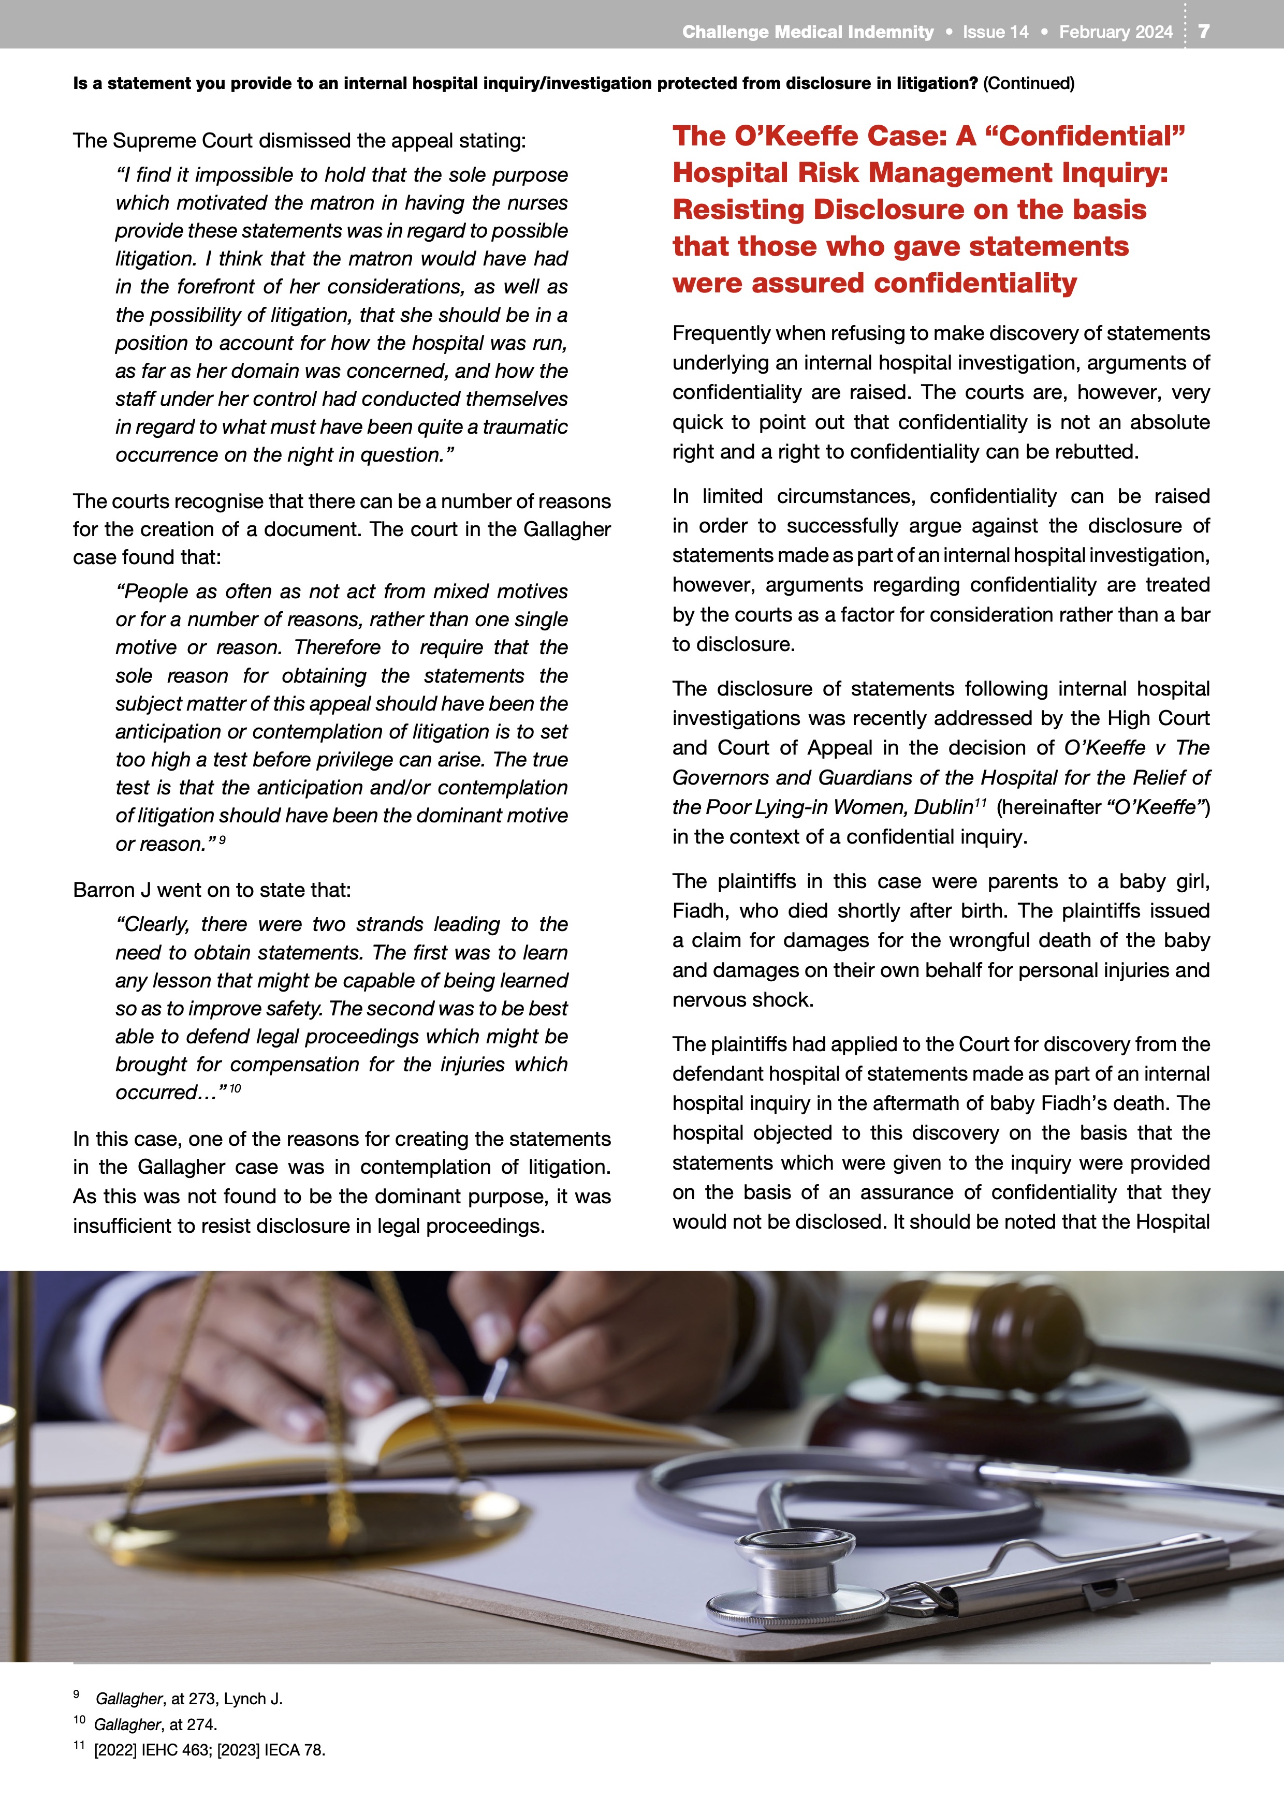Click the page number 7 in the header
(1203, 31)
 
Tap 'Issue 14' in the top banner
(996, 32)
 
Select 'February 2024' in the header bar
(1116, 32)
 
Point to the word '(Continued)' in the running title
(1029, 83)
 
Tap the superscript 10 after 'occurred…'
(235, 1088)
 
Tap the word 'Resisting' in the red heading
(739, 210)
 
